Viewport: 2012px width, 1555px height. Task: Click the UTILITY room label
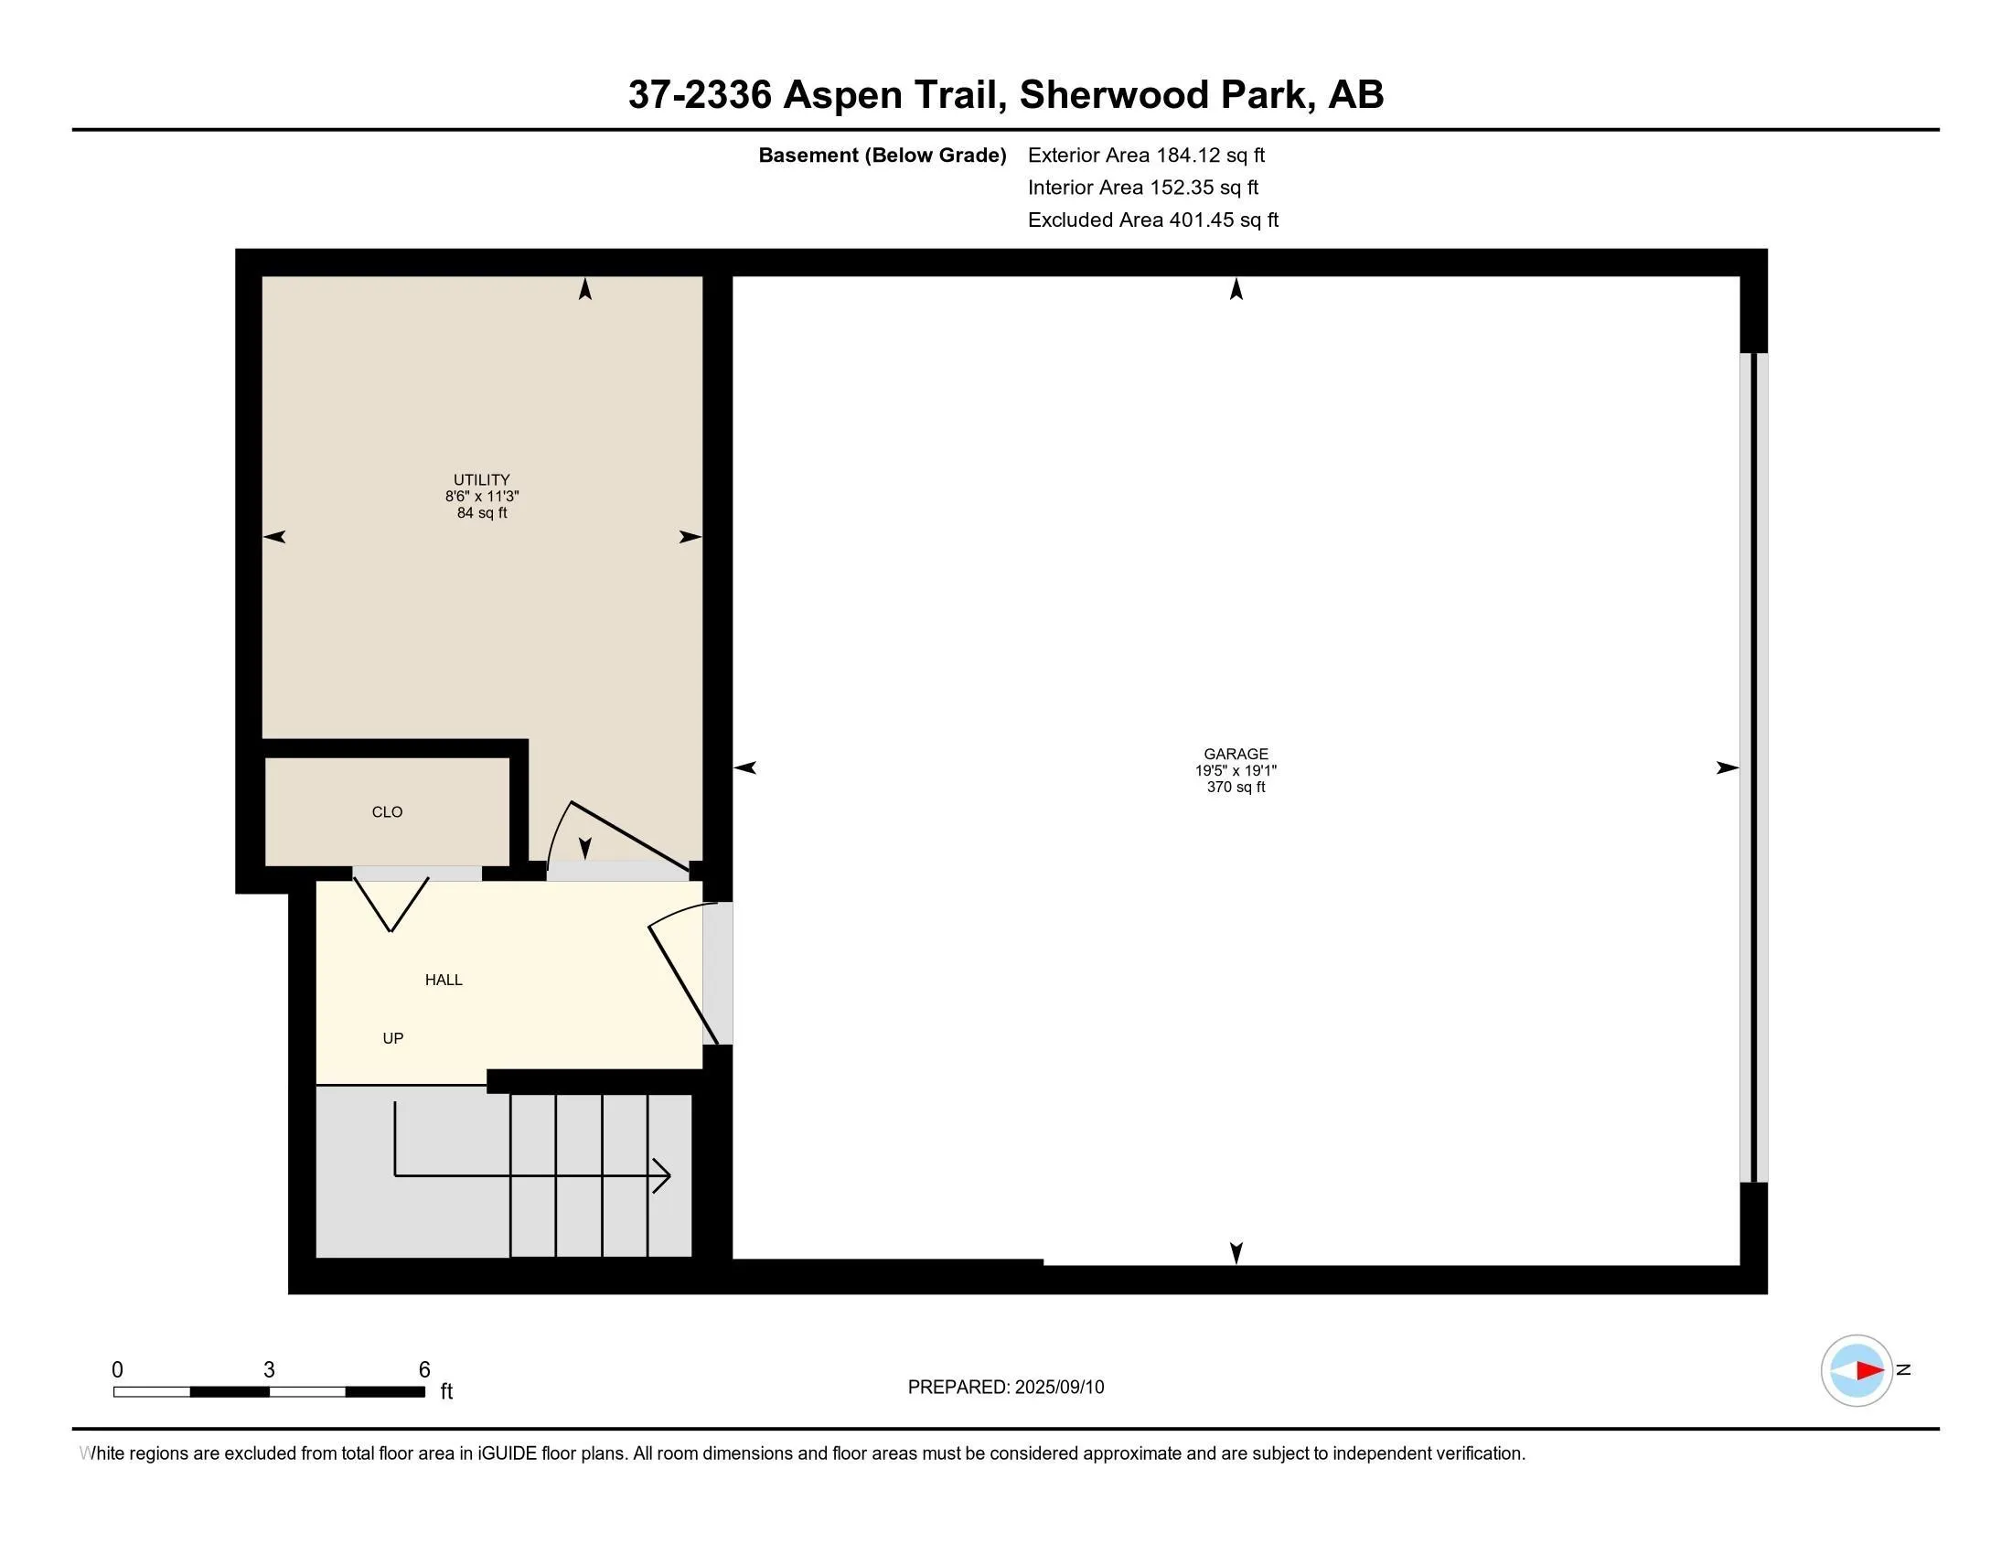point(481,480)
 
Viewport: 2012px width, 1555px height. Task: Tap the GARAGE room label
point(1236,754)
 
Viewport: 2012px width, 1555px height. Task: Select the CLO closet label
point(387,811)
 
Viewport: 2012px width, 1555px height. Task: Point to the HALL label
point(444,980)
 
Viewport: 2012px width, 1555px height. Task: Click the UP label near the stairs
point(392,1038)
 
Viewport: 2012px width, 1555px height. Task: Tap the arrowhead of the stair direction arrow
point(662,1175)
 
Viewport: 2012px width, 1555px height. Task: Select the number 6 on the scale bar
point(424,1370)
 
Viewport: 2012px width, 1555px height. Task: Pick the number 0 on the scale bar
point(117,1370)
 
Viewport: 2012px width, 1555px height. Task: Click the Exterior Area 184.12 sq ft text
point(1146,155)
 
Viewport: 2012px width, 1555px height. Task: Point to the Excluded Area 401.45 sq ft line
point(1153,220)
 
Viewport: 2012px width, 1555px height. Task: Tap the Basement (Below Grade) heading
point(882,155)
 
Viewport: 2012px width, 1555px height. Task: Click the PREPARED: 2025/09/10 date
point(1006,1388)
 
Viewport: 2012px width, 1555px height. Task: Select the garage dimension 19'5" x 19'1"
point(1236,770)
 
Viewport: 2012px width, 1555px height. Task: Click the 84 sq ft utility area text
point(482,512)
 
